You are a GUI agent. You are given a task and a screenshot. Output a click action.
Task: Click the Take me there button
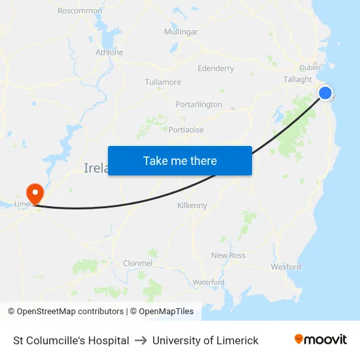point(180,161)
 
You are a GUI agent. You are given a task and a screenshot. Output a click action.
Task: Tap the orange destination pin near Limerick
point(34,193)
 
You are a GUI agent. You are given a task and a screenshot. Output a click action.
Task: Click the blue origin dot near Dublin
point(325,93)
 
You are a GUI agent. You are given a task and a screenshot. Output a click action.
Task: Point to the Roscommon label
point(80,11)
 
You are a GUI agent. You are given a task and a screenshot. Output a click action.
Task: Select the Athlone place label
point(109,52)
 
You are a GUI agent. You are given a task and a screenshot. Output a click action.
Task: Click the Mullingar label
point(181,32)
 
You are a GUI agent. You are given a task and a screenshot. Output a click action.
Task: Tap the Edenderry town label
point(215,69)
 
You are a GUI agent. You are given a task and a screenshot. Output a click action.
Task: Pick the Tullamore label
point(163,82)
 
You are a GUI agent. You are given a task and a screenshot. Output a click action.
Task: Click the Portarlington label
point(199,105)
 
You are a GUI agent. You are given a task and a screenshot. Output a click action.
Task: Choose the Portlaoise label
point(186,130)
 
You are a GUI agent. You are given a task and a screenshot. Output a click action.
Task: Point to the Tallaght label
point(298,80)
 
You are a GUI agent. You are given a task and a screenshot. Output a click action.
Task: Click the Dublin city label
point(310,67)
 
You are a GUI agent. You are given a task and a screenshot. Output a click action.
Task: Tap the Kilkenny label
point(192,206)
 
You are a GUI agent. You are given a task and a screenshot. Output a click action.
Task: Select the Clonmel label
point(137,264)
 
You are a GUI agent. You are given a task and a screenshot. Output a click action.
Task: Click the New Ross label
point(228,255)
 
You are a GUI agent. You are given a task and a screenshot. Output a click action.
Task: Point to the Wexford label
point(286,267)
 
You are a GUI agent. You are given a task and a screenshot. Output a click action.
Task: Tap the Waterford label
point(208,282)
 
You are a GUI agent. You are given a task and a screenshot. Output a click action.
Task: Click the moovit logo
point(321,340)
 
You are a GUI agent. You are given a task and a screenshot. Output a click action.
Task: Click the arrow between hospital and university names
point(141,340)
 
